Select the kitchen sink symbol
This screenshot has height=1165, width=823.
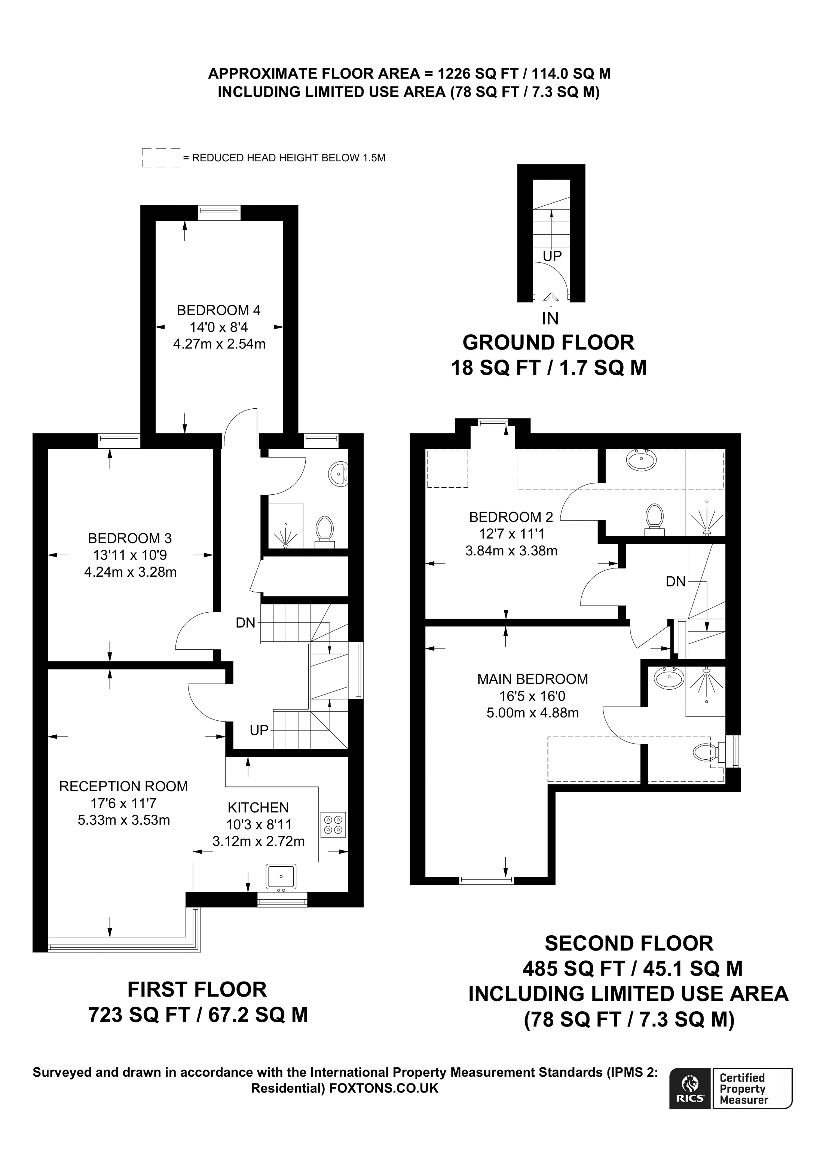point(281,875)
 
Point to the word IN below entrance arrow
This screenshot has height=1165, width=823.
point(550,318)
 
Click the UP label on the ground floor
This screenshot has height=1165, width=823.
point(552,256)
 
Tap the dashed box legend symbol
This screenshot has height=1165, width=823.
point(161,158)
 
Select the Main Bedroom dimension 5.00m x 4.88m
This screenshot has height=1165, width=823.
point(532,713)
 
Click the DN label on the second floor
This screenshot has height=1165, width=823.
point(676,582)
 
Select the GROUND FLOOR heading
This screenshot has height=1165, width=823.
point(548,343)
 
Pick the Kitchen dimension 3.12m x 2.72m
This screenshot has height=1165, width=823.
point(258,842)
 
